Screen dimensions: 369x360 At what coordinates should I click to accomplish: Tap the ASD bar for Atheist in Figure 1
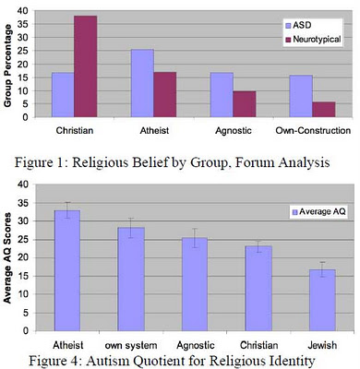141,83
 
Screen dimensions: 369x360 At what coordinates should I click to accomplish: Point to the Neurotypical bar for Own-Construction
324,109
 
